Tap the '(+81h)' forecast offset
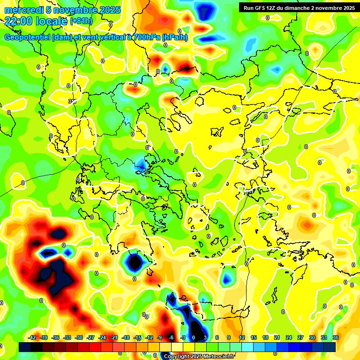[81, 21]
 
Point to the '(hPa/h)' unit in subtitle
[174, 37]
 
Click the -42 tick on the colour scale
[32, 337]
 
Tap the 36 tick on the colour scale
[336, 337]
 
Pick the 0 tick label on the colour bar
[194, 337]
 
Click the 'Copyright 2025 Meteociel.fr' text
[199, 356]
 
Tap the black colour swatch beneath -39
[37, 347]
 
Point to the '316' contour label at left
[71, 101]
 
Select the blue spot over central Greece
[141, 164]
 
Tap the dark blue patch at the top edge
[203, 10]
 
